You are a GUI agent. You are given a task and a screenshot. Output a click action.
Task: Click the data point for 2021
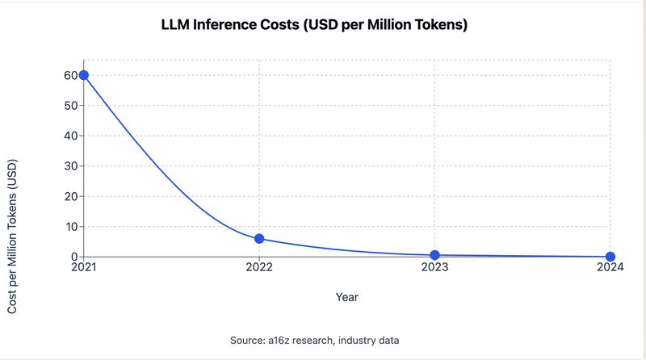(84, 75)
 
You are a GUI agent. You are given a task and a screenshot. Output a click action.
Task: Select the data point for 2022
(259, 238)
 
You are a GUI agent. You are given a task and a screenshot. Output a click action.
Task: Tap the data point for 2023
(434, 255)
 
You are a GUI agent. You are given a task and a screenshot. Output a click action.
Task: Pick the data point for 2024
(610, 257)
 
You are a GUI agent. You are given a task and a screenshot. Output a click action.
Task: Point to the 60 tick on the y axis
(71, 75)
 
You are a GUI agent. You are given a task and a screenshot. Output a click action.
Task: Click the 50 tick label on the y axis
(71, 106)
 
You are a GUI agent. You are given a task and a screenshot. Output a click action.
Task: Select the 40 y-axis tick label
(71, 136)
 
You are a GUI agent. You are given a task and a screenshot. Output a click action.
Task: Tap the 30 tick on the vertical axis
(71, 166)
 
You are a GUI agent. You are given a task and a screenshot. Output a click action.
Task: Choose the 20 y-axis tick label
(71, 196)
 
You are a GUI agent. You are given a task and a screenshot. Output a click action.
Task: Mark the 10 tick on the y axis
(71, 227)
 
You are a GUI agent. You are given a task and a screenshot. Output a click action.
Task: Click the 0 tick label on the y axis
(74, 257)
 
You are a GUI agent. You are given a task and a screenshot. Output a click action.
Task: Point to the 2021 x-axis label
(84, 267)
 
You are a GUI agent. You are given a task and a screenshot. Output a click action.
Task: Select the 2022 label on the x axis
(259, 267)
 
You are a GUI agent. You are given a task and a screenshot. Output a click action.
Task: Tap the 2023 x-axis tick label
(434, 267)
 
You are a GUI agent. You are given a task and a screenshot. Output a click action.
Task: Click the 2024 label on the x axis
(610, 267)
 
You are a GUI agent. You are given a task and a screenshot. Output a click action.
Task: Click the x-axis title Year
(347, 297)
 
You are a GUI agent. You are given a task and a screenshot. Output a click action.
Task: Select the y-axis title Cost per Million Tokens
(12, 237)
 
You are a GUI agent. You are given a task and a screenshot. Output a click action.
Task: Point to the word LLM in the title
(175, 24)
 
